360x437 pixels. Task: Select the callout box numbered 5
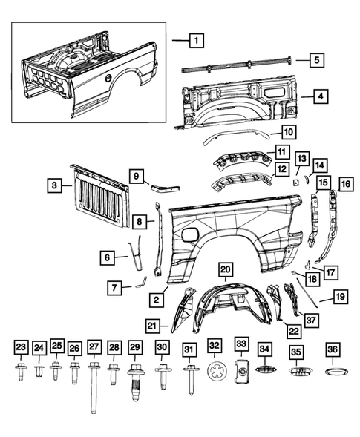pos(295,60)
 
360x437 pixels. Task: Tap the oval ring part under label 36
pos(332,372)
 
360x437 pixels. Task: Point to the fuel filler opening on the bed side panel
pos(190,234)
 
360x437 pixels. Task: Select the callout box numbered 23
pos(21,346)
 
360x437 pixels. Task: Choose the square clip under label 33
pos(242,372)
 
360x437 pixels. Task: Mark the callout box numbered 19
pos(340,298)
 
